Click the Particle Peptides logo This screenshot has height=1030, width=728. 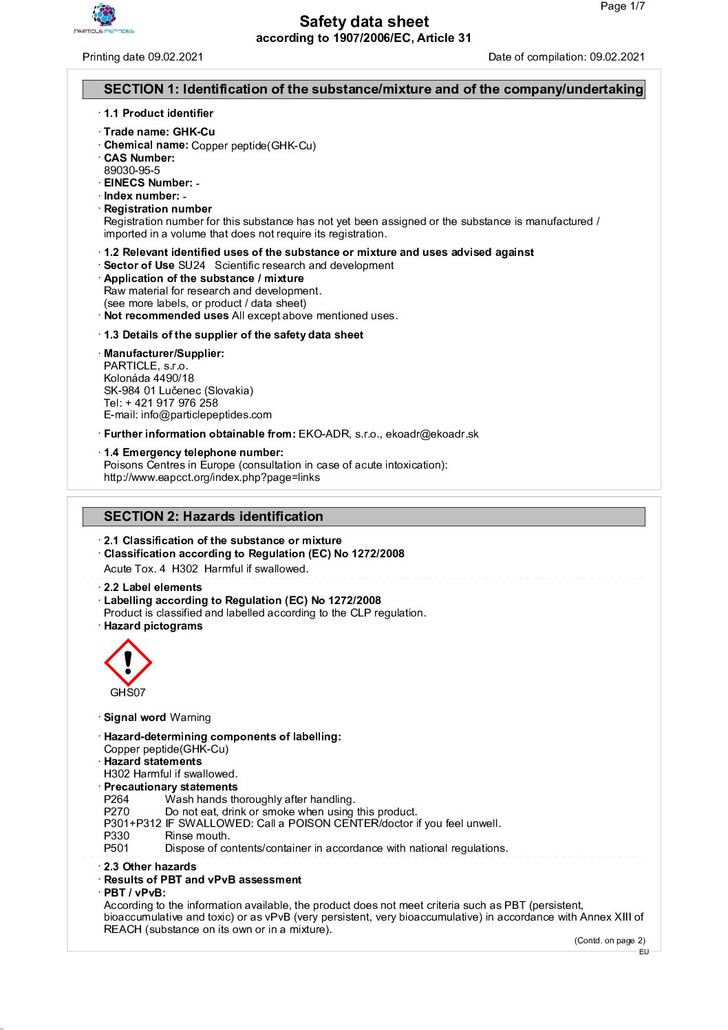(104, 19)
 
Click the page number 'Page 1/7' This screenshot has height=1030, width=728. (622, 7)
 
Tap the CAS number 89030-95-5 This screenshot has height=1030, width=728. (132, 171)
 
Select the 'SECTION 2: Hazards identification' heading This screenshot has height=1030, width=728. (213, 517)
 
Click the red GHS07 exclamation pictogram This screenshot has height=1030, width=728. (128, 663)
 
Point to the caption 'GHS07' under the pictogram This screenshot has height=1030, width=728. (128, 693)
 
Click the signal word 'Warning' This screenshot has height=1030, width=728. (191, 718)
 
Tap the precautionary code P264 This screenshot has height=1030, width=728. (116, 800)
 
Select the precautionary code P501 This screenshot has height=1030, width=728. (116, 848)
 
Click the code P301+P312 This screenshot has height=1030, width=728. (133, 824)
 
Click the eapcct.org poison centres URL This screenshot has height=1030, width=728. (212, 478)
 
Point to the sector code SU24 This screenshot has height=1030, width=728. (192, 266)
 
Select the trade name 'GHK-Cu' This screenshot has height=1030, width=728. (194, 132)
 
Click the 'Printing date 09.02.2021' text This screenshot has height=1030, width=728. (143, 57)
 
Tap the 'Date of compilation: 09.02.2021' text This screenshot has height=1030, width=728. (566, 57)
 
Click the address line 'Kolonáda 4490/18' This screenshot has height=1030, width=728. (149, 378)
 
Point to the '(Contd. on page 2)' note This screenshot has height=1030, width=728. (610, 941)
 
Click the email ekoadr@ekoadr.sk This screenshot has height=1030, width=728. (432, 434)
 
